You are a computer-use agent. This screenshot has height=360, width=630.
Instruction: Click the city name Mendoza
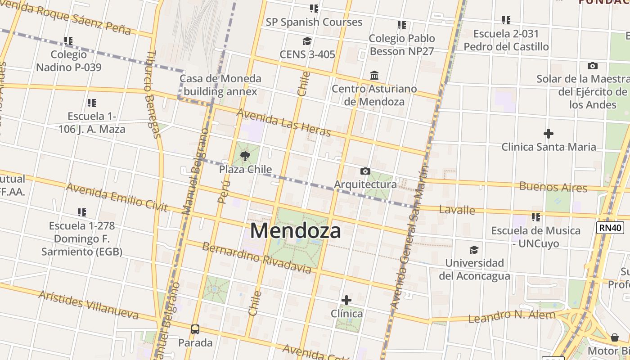tap(295, 231)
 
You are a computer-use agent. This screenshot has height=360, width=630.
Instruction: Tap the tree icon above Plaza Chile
tap(245, 156)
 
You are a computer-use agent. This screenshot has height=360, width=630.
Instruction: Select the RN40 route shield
tap(610, 227)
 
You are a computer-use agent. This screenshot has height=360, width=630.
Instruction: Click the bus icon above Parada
tap(195, 329)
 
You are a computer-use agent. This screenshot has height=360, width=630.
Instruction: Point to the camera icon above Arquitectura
tap(365, 171)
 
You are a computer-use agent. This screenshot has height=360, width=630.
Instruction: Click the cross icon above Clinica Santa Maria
tap(548, 134)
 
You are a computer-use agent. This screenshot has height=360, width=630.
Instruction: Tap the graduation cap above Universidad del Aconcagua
tap(474, 250)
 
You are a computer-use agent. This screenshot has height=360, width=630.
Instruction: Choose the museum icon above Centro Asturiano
tap(374, 75)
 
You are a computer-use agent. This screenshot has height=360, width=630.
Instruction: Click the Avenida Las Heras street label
tap(283, 122)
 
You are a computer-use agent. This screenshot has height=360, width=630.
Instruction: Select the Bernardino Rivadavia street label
tap(256, 258)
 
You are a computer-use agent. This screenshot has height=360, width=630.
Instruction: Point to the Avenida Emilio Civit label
tap(117, 197)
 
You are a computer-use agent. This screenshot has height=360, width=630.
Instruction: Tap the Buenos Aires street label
tap(553, 187)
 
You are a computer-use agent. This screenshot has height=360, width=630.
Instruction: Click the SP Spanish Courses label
tap(314, 22)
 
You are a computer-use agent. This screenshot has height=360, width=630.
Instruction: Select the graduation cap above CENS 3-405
tap(307, 41)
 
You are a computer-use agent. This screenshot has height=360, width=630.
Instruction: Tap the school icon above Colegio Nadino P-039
tap(68, 41)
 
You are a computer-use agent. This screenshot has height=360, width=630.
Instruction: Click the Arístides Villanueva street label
tap(88, 305)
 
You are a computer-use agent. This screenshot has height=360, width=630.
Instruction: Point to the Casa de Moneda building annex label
tap(220, 85)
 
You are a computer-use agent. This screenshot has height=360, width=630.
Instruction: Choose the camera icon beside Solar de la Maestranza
tap(593, 66)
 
